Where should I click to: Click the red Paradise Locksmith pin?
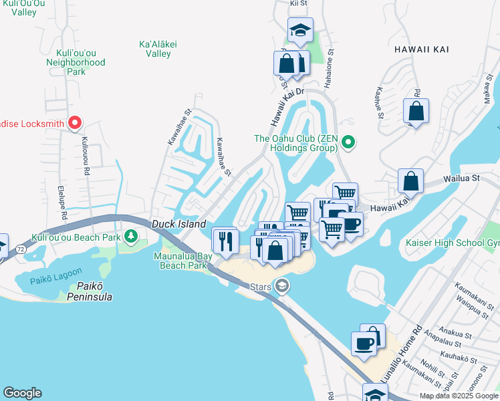[75, 123]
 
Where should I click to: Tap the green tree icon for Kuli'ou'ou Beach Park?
[132, 237]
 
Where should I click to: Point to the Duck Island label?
[178, 225]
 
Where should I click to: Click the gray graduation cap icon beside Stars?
[282, 286]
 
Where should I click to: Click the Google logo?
[22, 393]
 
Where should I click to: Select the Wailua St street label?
[463, 178]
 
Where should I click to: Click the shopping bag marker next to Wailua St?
[410, 181]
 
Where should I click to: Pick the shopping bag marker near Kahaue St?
[416, 112]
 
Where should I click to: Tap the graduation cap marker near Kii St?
[300, 30]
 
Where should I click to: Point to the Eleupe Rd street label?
[61, 203]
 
